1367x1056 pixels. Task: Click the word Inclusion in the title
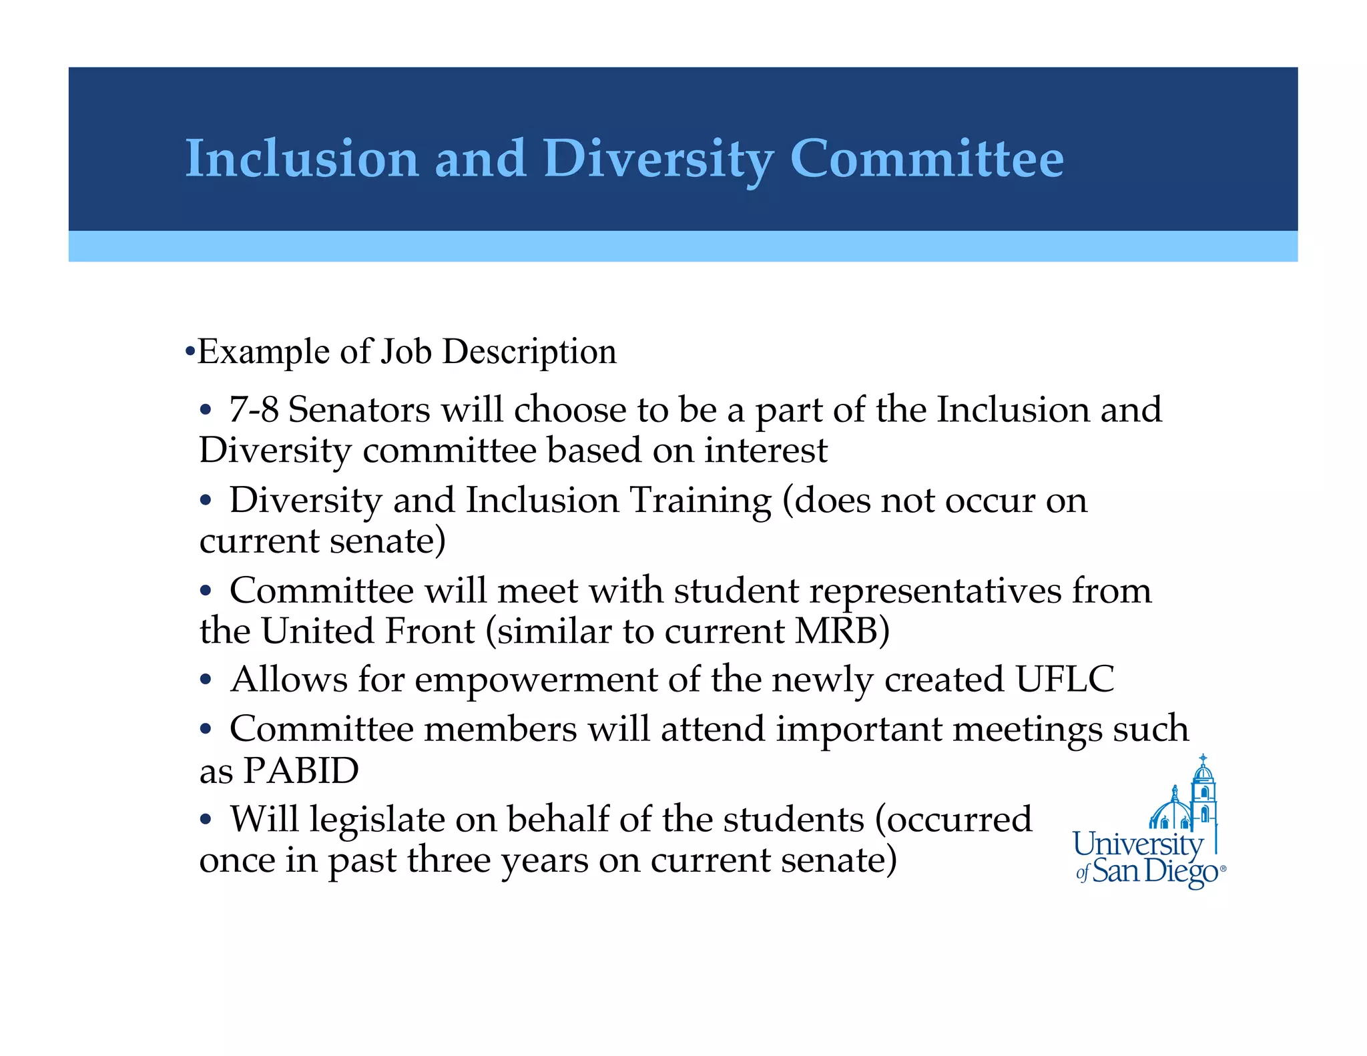[302, 159]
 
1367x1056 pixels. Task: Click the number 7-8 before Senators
[254, 409]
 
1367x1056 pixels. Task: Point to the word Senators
[359, 409]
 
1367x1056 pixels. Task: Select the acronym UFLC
[1065, 679]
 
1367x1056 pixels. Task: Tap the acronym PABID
[300, 770]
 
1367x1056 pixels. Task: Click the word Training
[700, 500]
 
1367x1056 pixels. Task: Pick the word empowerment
[537, 680]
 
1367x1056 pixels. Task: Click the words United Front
[368, 631]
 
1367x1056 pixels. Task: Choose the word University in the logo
[1137, 844]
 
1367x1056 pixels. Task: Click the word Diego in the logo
[1181, 872]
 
